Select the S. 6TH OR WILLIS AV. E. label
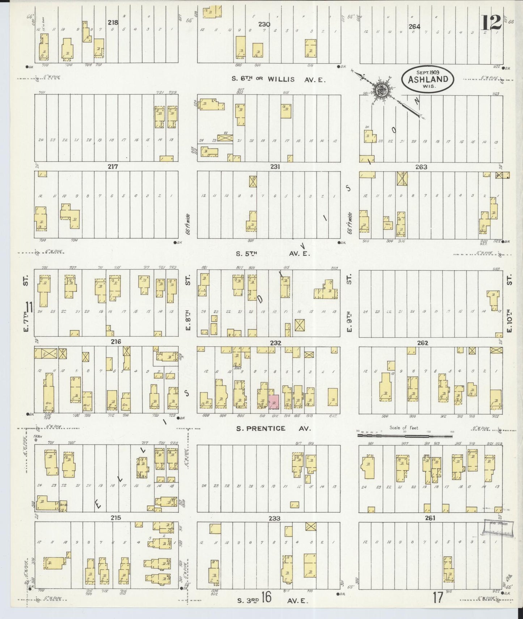(x=278, y=79)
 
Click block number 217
(x=113, y=167)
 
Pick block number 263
(x=421, y=167)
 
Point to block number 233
(x=275, y=518)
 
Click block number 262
(x=422, y=343)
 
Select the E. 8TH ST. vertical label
(x=188, y=304)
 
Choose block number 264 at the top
(x=414, y=26)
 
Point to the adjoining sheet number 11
(x=29, y=308)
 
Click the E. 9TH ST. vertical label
(x=349, y=304)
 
